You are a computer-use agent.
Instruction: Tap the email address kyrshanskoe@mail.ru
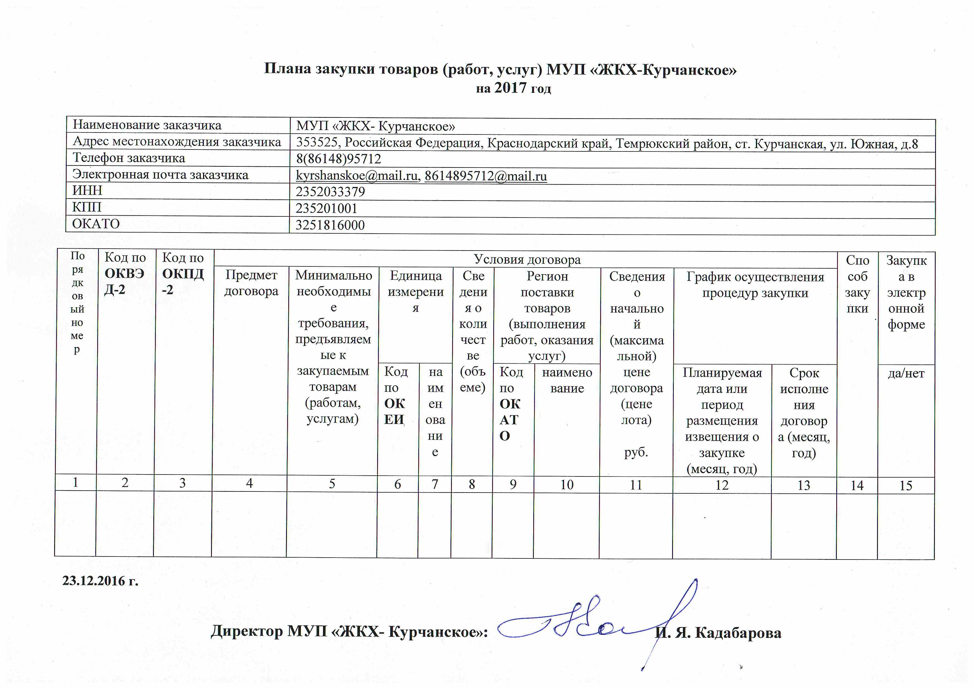[x=356, y=176]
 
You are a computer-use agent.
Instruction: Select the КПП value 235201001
[x=326, y=209]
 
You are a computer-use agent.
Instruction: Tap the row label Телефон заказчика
[x=129, y=158]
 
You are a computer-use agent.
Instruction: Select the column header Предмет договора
[x=251, y=283]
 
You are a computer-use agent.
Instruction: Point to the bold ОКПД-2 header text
[x=182, y=281]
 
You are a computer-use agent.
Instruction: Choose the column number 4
[x=249, y=483]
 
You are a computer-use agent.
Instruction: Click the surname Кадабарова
[x=738, y=633]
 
